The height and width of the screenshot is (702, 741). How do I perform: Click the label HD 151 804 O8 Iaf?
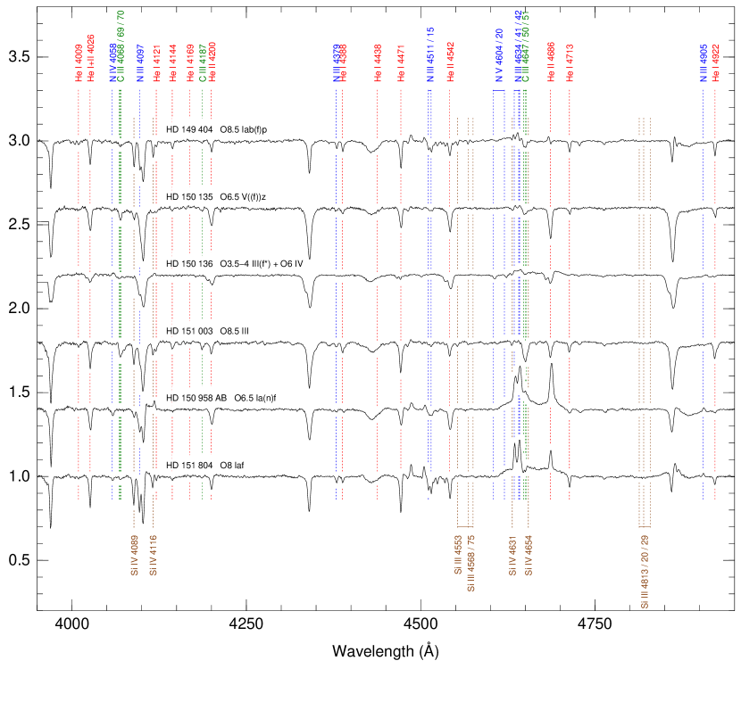pyautogui.click(x=206, y=465)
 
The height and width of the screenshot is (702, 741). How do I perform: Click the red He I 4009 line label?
pyautogui.click(x=79, y=62)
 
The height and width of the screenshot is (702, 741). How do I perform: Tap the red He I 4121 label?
pyautogui.click(x=156, y=62)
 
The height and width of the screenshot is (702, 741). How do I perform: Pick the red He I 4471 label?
pyautogui.click(x=401, y=62)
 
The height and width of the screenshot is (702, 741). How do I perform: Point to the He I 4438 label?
pyautogui.click(x=378, y=62)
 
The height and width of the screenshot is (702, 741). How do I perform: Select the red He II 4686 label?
pyautogui.click(x=551, y=62)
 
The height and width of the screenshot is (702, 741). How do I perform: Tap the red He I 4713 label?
pyautogui.click(x=569, y=62)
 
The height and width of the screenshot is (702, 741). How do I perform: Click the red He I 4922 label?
pyautogui.click(x=715, y=62)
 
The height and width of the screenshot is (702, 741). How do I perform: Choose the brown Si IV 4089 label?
pyautogui.click(x=134, y=556)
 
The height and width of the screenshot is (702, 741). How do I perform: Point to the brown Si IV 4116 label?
pyautogui.click(x=153, y=556)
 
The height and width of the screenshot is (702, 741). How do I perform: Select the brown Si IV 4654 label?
pyautogui.click(x=529, y=556)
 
